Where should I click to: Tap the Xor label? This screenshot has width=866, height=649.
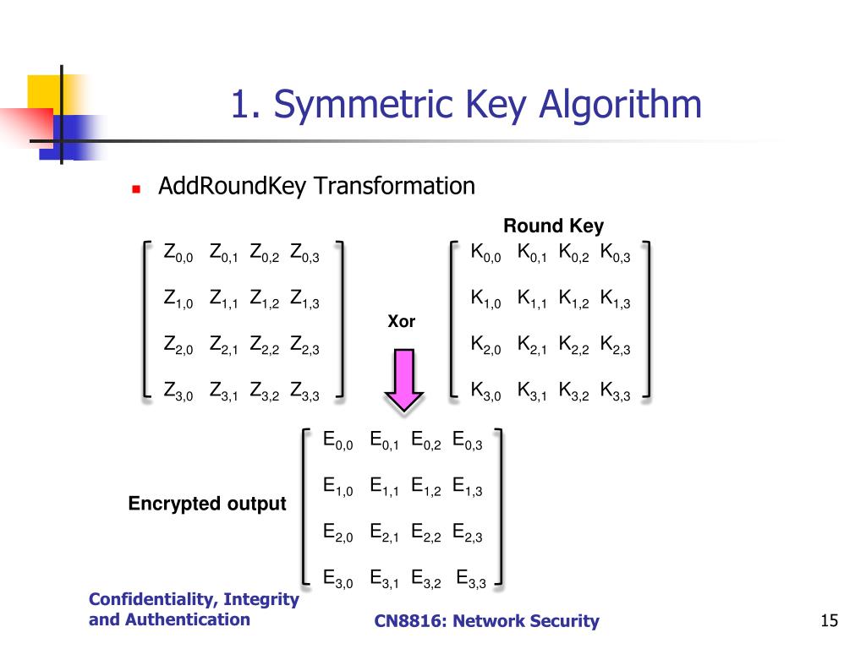401,322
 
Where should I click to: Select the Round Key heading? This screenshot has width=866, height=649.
553,226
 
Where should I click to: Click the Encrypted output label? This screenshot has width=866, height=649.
207,504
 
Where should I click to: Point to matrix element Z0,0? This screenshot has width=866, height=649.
178,253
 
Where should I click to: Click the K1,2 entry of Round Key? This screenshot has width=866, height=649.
573,298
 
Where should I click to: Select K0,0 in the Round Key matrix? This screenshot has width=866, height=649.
485,253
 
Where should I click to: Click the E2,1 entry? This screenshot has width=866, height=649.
385,532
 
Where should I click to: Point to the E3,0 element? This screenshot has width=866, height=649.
338,579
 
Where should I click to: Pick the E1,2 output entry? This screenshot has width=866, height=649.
426,487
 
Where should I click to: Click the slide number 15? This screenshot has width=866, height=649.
829,621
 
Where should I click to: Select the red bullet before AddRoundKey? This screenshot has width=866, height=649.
135,189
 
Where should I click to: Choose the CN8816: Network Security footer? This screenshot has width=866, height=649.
486,622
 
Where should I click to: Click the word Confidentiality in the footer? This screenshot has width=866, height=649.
150,599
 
